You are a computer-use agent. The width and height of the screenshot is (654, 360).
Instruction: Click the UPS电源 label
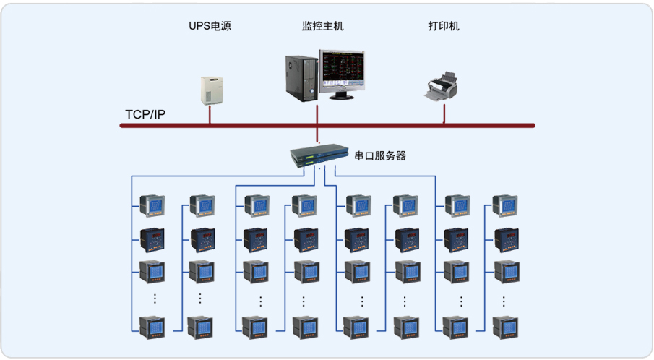(210, 27)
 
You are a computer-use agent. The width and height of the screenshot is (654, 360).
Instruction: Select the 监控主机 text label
(322, 27)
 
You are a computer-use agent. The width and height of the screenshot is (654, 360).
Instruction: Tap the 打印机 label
(444, 27)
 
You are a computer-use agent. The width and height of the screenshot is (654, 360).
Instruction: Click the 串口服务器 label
(379, 155)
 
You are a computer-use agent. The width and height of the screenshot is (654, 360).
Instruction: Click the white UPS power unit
(210, 90)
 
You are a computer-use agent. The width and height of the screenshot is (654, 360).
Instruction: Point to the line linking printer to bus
(444, 113)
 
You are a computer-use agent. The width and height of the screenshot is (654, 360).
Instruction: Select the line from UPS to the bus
(210, 115)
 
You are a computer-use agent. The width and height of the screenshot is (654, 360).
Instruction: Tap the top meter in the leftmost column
(152, 207)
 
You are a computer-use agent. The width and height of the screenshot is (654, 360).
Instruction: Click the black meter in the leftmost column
(152, 239)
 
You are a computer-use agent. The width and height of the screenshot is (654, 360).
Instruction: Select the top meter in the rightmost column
(504, 207)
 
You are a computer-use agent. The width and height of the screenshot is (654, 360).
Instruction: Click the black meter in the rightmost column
(504, 239)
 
